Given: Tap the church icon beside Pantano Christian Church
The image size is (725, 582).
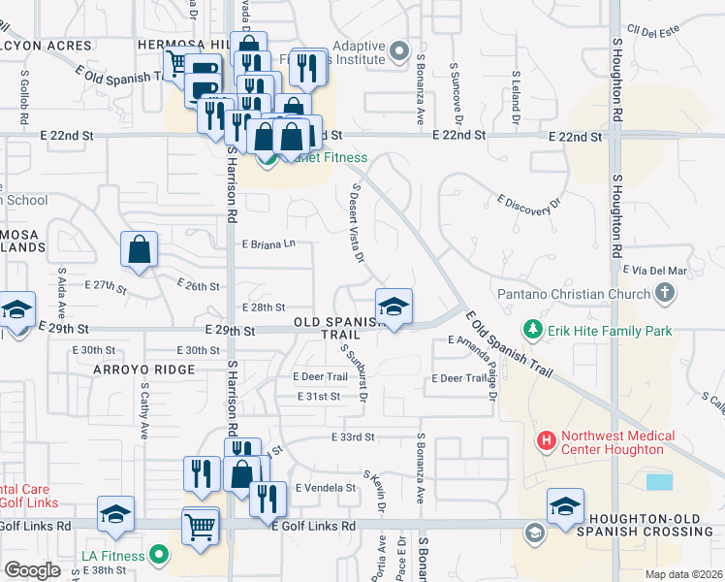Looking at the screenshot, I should (x=664, y=292).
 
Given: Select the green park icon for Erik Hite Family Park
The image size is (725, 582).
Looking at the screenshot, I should (x=532, y=331).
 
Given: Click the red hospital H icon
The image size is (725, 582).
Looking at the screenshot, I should (x=546, y=441).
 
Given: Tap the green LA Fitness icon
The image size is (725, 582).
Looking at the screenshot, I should (x=160, y=556).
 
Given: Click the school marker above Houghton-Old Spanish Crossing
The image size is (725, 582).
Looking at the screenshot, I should (x=566, y=505).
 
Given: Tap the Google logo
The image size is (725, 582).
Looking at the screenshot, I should (x=32, y=570).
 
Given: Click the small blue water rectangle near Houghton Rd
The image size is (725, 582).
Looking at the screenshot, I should (x=659, y=481).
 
